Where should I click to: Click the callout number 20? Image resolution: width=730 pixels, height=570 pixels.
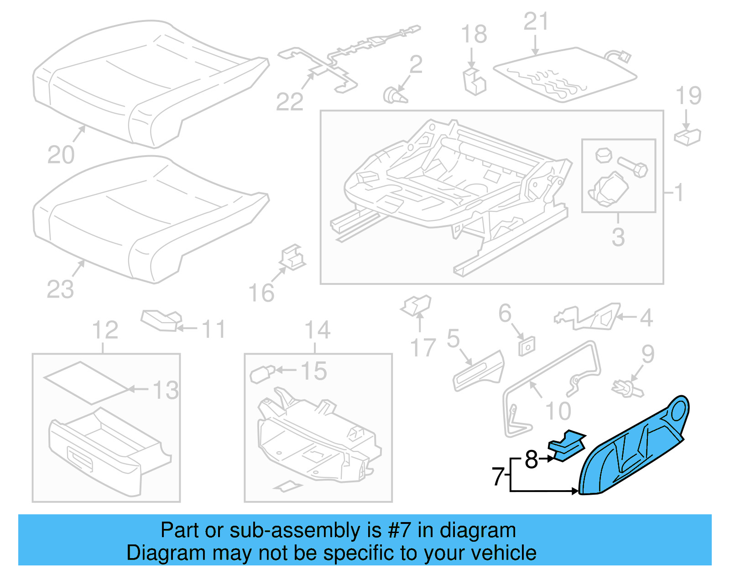click(x=61, y=155)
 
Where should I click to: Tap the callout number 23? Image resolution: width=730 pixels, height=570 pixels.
click(x=60, y=289)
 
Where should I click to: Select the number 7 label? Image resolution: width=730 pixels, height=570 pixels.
click(x=498, y=477)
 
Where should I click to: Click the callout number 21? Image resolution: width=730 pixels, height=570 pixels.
click(x=536, y=21)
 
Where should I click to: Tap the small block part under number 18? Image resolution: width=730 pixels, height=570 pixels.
click(x=474, y=82)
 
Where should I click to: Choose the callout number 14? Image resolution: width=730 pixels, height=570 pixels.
click(x=318, y=330)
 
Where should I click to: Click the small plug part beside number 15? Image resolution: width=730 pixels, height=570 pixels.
click(x=261, y=374)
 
